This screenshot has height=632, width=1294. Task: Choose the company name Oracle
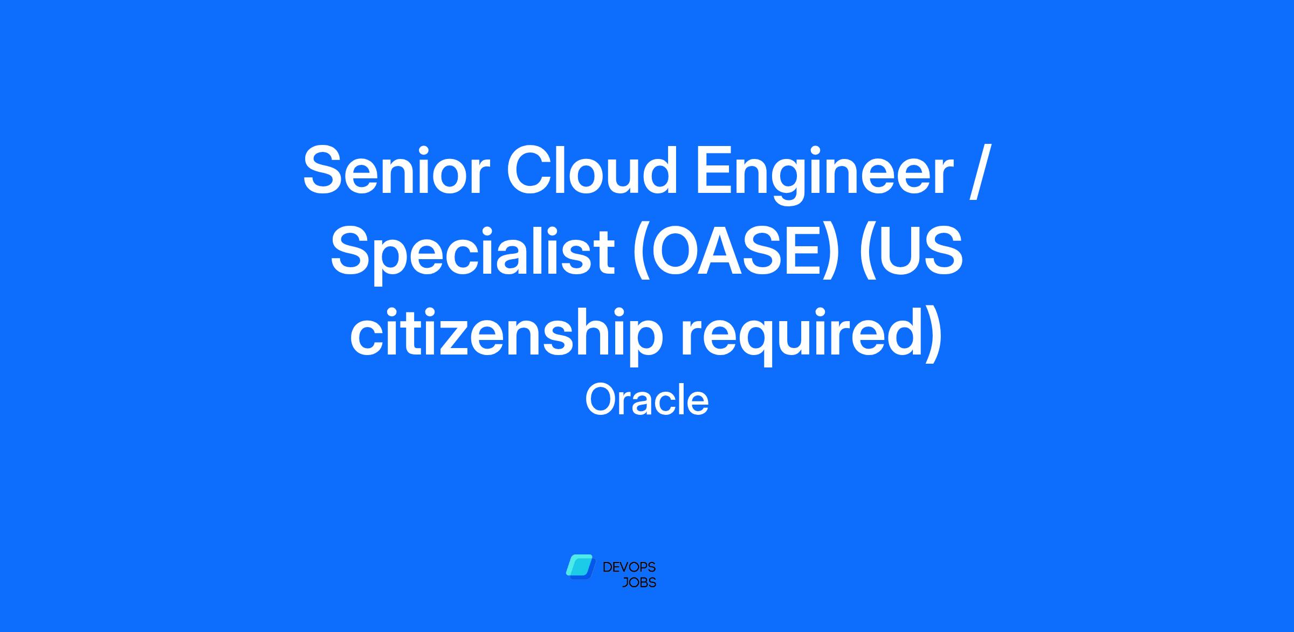[646, 400]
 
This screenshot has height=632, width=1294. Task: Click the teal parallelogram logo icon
[580, 567]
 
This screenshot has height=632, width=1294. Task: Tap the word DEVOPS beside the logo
[629, 567]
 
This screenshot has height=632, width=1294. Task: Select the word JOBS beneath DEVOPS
[639, 583]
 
